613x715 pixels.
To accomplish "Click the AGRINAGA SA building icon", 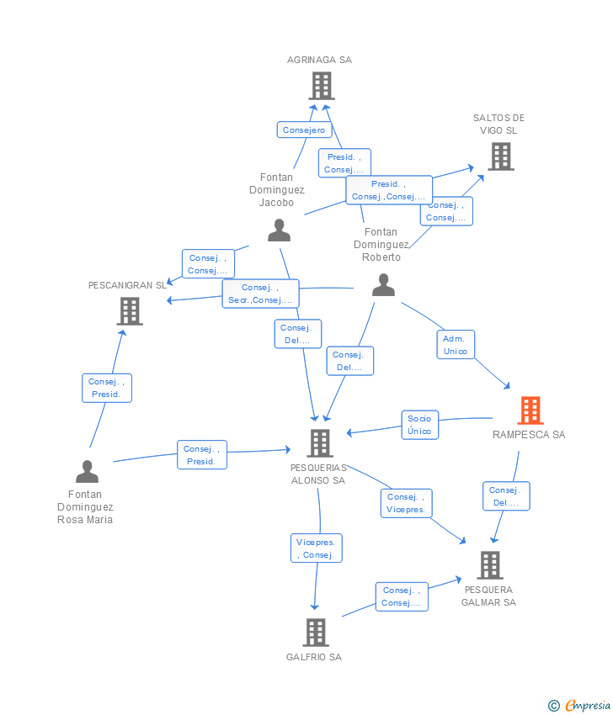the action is (x=322, y=86).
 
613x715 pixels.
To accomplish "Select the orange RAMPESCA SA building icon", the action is (x=530, y=410).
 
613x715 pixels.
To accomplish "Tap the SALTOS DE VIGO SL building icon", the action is (x=501, y=156).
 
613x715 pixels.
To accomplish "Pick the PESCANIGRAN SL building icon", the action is (x=130, y=311).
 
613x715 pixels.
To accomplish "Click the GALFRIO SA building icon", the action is (x=316, y=633).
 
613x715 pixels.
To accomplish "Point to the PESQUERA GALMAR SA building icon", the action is (x=490, y=565).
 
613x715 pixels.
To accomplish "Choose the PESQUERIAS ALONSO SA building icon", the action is (x=319, y=443).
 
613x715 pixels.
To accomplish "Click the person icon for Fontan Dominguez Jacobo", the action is (x=279, y=230).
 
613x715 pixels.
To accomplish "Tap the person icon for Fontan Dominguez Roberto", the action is (x=383, y=285).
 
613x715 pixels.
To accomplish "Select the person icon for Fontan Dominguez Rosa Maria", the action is (x=88, y=472).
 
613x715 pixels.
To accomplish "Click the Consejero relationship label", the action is (x=304, y=130).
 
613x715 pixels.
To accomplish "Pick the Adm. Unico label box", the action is (x=456, y=345).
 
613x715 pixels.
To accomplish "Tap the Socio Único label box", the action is (x=419, y=425).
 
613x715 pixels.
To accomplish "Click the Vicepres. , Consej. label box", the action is (x=316, y=548).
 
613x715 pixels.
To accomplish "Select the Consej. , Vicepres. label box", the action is (x=406, y=503).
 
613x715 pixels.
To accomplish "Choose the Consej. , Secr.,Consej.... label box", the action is (x=260, y=294).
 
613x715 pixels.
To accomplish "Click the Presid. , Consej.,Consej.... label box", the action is (x=388, y=190).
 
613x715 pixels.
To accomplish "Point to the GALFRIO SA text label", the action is (x=314, y=657).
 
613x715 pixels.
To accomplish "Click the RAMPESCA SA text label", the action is (x=529, y=435).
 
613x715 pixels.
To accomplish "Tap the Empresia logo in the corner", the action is (x=579, y=706).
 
